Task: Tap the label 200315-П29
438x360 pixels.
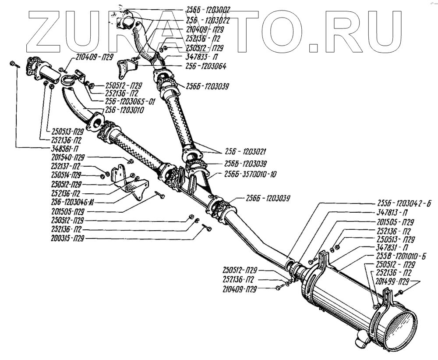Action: click(x=67, y=239)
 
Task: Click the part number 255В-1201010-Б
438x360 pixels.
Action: click(x=402, y=256)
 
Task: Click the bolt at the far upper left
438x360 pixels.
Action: click(x=14, y=64)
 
